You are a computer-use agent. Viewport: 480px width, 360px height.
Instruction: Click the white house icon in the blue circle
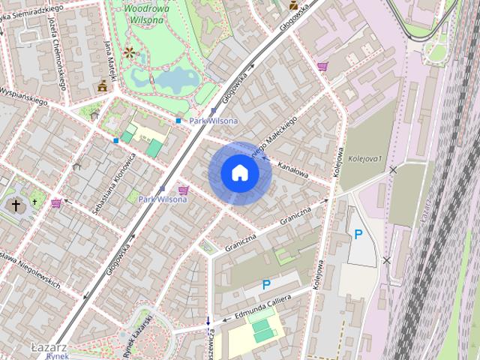click(x=240, y=172)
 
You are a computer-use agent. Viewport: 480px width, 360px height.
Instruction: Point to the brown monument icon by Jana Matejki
click(x=101, y=87)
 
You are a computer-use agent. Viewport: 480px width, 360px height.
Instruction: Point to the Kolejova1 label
click(x=365, y=158)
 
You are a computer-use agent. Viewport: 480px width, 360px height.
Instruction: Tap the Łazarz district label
click(x=49, y=348)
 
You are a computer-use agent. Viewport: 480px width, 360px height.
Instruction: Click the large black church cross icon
click(x=15, y=204)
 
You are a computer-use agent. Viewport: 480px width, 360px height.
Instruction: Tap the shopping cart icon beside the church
click(x=56, y=202)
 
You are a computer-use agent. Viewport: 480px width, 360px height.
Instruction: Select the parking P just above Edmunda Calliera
click(x=266, y=285)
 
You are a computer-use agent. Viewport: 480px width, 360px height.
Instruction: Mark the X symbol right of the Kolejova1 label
click(x=393, y=170)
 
